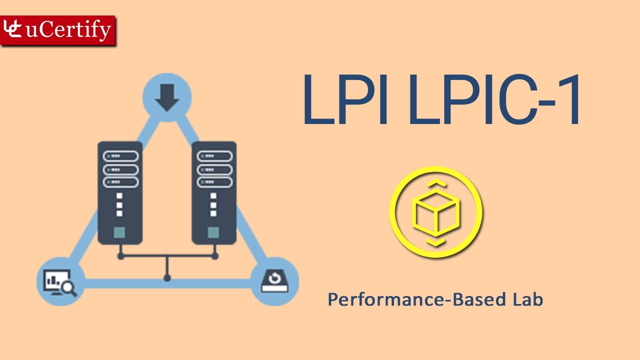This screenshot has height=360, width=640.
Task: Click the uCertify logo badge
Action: tap(58, 30)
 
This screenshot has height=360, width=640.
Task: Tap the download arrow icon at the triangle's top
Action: tap(167, 97)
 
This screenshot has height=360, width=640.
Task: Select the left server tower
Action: tap(119, 192)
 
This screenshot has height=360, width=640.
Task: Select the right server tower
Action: tap(214, 192)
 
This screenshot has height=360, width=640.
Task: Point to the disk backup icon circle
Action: tap(273, 281)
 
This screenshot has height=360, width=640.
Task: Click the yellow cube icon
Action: tap(436, 213)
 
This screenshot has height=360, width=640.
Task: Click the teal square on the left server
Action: tap(119, 232)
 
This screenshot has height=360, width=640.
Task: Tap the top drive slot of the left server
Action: tap(120, 156)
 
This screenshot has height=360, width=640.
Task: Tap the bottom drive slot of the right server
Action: tap(214, 181)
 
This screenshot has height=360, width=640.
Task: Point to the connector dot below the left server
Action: tap(120, 256)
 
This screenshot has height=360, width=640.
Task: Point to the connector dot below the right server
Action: tap(215, 256)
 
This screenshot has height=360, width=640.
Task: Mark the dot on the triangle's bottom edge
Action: tap(167, 277)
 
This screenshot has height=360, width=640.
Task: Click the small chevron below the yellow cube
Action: tap(436, 243)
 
